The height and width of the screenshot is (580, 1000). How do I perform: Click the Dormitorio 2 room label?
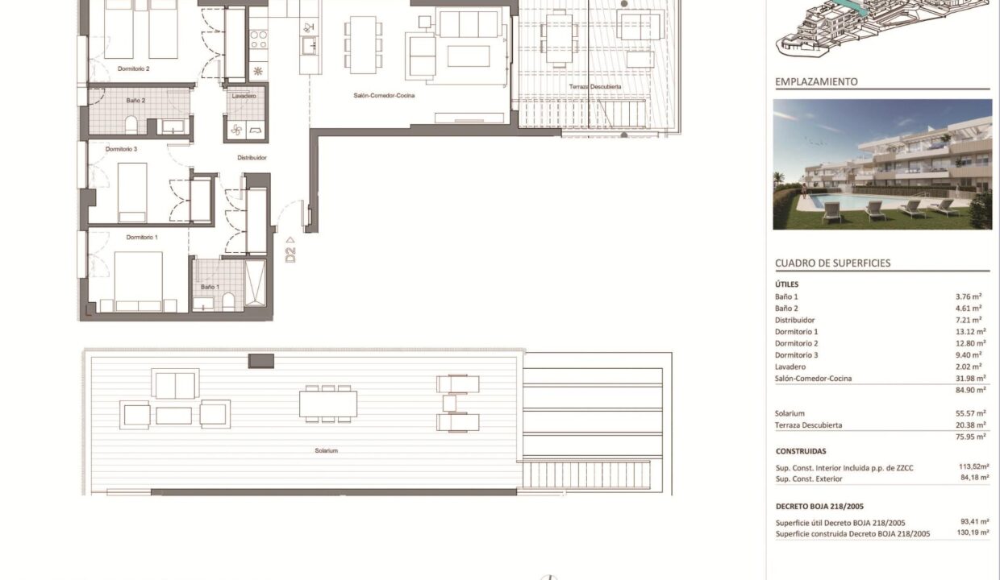tap(134, 68)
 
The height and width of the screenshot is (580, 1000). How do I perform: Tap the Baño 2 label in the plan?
tap(135, 101)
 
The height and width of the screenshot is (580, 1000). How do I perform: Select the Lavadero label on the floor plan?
tap(244, 96)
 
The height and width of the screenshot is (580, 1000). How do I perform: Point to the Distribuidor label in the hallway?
tap(252, 157)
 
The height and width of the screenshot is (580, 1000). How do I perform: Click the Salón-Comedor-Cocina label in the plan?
tap(384, 95)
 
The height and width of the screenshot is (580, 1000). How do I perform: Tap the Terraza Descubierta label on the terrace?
tap(594, 86)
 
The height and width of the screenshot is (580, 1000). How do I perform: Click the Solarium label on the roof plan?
tap(327, 451)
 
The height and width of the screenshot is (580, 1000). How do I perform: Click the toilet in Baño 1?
tap(228, 302)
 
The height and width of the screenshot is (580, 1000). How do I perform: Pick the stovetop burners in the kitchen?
tap(259, 39)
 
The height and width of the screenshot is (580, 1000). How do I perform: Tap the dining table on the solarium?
tap(328, 404)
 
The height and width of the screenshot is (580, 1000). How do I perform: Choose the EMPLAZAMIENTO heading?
tap(816, 82)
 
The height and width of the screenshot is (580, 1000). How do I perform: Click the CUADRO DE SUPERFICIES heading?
tap(832, 263)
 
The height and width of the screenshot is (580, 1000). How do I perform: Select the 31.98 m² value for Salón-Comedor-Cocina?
tap(970, 378)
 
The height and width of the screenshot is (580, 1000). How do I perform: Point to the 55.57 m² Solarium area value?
tap(970, 413)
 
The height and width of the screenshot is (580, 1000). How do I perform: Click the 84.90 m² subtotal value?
tap(970, 390)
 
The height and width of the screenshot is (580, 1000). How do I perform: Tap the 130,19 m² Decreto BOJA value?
tap(973, 532)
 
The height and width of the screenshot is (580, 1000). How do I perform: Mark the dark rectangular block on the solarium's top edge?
tap(261, 361)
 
